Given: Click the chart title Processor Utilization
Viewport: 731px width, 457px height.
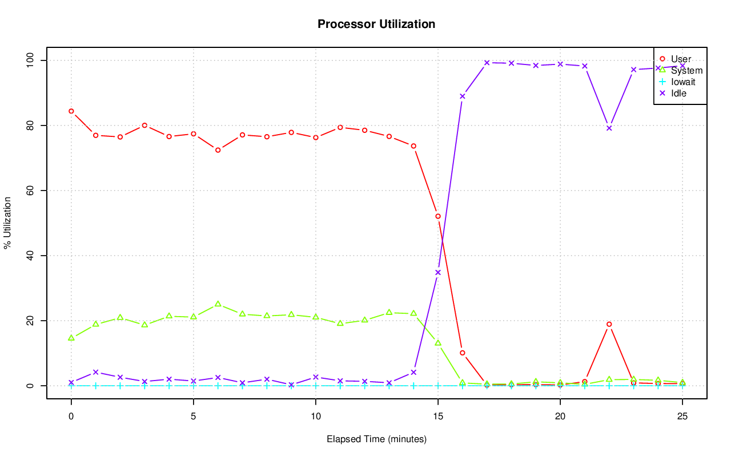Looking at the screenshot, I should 376,24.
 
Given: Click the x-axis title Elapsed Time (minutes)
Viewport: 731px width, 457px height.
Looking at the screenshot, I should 376,439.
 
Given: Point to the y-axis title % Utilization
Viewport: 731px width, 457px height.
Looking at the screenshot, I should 7,223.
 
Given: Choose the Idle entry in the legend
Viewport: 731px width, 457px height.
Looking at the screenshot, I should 678,93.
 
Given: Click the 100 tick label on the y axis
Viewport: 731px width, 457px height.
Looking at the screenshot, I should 29,60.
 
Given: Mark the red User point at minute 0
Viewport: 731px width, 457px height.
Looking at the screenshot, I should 71,111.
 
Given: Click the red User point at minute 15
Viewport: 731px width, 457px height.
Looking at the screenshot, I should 438,216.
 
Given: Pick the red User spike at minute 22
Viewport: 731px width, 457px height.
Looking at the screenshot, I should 609,324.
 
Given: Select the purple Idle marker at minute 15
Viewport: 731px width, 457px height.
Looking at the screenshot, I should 438,272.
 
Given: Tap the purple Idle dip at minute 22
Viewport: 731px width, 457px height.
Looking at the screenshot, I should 609,128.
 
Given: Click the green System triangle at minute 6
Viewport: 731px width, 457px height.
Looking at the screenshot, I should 218,304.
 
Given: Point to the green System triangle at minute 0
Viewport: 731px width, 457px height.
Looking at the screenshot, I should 71,338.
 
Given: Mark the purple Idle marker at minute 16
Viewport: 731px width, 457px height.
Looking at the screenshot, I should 463,96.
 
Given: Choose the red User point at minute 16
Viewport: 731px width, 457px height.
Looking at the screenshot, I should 463,353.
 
